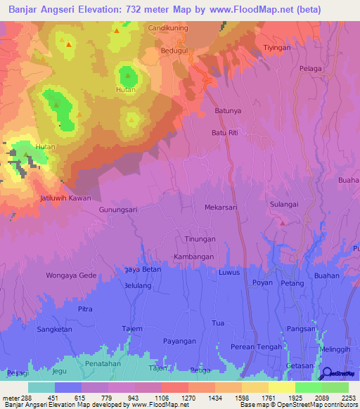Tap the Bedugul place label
tap(172, 51)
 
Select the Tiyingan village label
tap(276, 47)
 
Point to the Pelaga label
tap(310, 68)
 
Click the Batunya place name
tap(228, 111)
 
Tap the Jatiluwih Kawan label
tap(65, 198)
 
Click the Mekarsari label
tap(221, 208)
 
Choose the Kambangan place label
tap(193, 257)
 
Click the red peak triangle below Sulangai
tap(283, 223)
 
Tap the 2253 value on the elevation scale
tap(349, 398)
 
